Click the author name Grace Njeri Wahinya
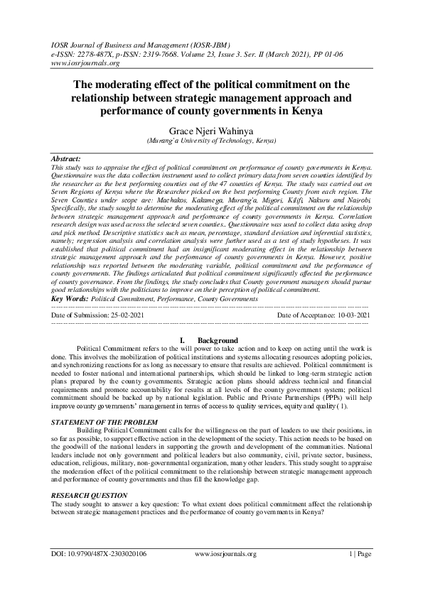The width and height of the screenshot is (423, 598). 210,131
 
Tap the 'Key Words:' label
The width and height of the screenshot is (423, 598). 70,299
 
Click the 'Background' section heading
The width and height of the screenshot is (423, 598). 218,341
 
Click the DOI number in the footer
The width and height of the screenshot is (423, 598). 99,553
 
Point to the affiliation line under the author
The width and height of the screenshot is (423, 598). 211,141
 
